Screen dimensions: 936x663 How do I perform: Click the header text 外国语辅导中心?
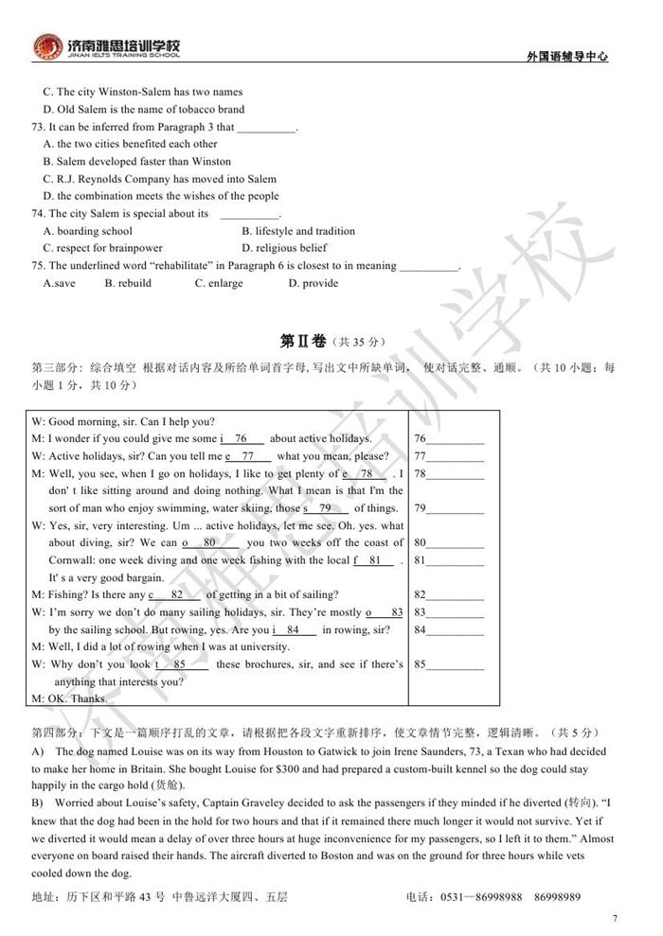[x=566, y=57]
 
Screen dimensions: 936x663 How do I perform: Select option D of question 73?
[x=161, y=196]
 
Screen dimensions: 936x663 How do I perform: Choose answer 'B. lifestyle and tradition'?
[x=298, y=231]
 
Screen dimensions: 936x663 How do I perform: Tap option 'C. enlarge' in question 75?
[x=219, y=283]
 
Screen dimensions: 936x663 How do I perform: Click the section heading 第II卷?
[x=301, y=340]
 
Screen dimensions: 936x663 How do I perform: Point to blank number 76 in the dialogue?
[x=242, y=439]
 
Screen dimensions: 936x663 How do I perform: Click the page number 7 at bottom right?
[x=615, y=918]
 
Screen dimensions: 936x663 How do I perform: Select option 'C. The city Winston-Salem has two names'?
[x=142, y=92]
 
